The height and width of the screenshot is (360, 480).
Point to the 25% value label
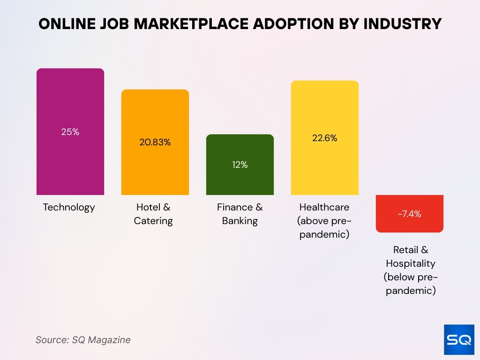click(70, 132)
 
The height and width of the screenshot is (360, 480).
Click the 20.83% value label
click(155, 142)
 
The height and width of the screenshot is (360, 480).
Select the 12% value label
click(240, 165)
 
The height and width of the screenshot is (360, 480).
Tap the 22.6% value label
click(325, 138)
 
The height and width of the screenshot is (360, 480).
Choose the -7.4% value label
click(410, 214)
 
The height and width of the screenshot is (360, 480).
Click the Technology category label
click(69, 207)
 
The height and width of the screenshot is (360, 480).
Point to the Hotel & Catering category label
click(153, 214)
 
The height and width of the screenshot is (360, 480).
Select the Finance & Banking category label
click(240, 214)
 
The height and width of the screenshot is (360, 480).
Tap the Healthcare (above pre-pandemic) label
click(324, 220)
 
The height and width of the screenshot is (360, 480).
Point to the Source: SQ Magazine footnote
click(83, 340)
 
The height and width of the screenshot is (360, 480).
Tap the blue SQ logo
click(458, 339)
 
